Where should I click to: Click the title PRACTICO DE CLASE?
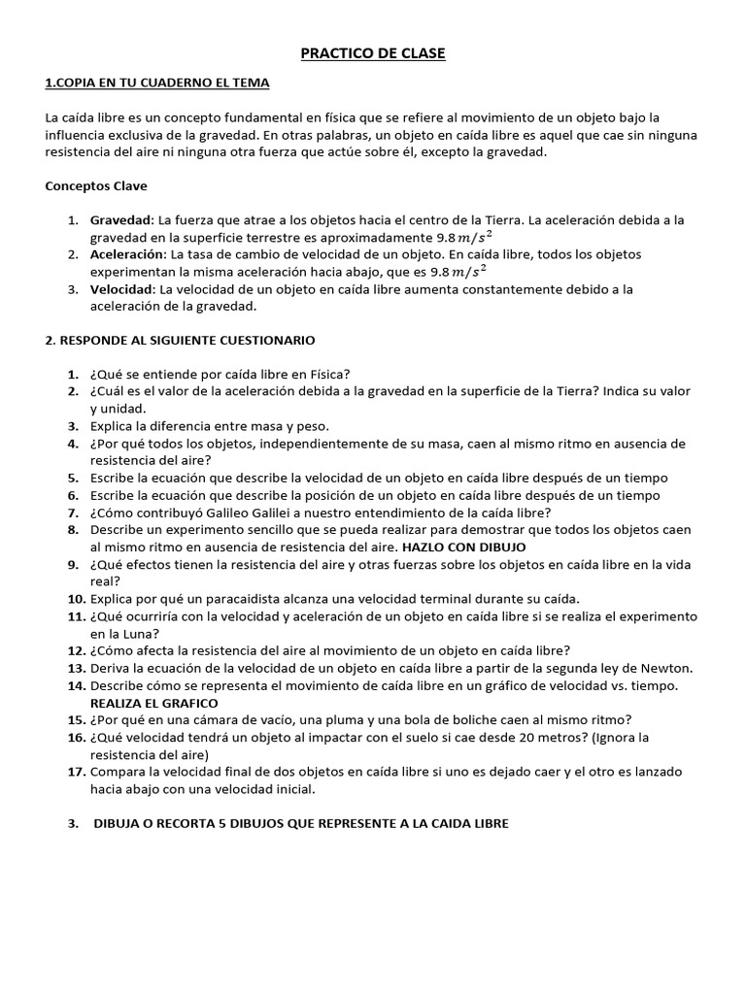(x=373, y=54)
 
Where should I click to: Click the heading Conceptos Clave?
(x=95, y=184)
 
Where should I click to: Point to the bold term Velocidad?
(x=121, y=289)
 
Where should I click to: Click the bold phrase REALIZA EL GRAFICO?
(x=153, y=703)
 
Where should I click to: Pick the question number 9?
(x=73, y=564)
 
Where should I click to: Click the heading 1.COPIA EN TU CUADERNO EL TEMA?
(x=157, y=83)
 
